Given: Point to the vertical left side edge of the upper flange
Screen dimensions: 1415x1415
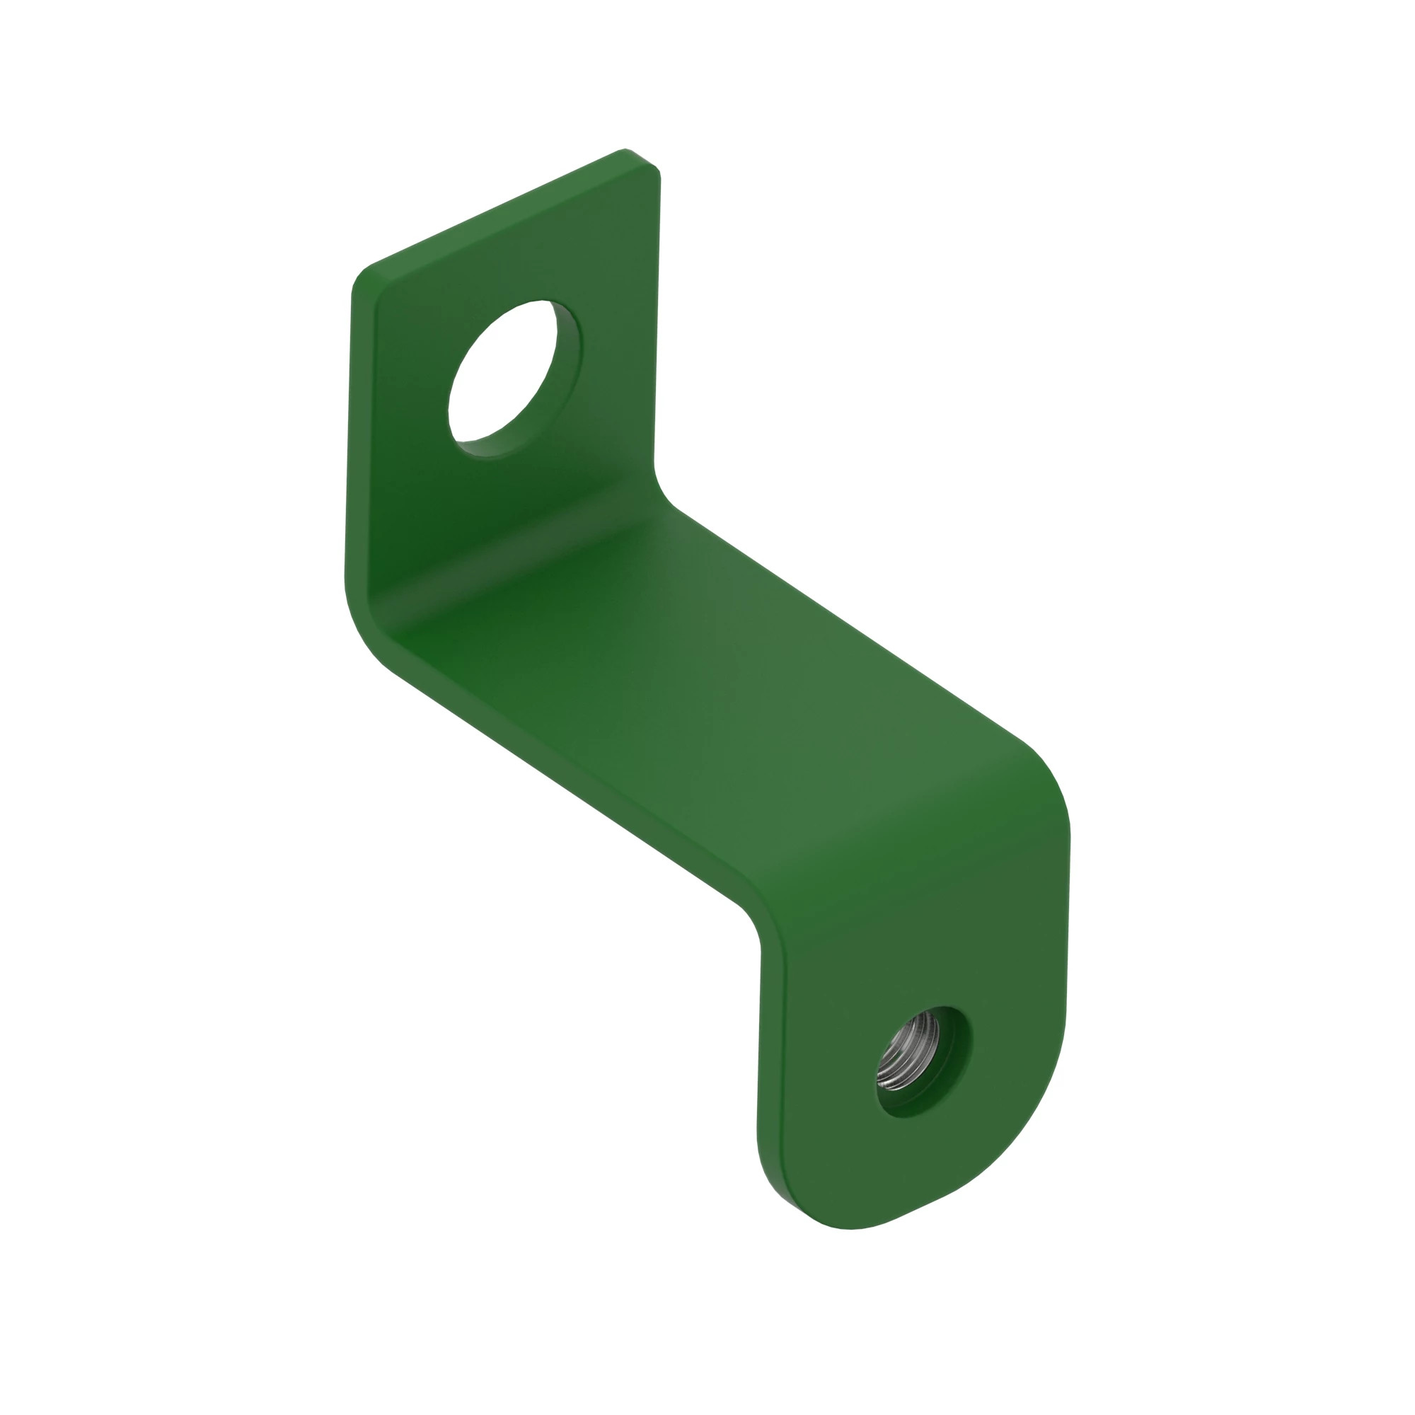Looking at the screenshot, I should [350, 439].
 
